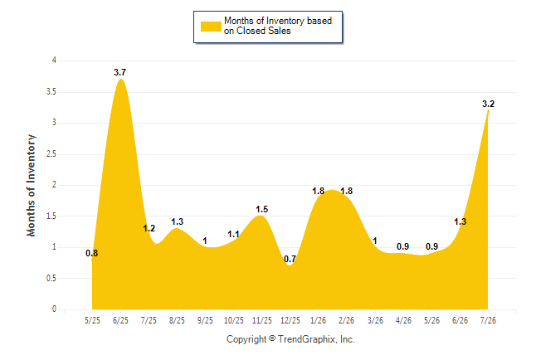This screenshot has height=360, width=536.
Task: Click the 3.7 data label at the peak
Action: click(120, 72)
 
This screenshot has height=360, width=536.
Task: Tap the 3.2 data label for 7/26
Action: click(488, 104)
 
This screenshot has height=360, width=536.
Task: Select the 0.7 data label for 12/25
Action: click(290, 259)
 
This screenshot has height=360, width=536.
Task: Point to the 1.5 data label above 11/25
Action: click(262, 209)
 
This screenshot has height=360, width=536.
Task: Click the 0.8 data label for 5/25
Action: click(91, 253)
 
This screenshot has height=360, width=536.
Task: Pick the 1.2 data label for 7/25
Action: click(149, 228)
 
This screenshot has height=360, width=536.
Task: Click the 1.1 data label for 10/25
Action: click(233, 235)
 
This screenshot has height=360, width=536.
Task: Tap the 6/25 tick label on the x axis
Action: click(120, 320)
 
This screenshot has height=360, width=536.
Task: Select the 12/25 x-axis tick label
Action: click(290, 320)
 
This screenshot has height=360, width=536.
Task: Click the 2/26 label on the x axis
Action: click(347, 320)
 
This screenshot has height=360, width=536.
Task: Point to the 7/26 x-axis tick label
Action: click(488, 320)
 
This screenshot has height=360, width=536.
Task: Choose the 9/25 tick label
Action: click(205, 320)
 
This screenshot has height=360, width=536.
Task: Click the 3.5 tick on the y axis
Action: click(51, 91)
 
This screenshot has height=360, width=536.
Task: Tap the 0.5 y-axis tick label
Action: click(51, 278)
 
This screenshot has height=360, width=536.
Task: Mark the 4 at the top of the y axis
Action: click(54, 61)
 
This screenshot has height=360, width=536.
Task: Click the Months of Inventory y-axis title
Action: click(31, 185)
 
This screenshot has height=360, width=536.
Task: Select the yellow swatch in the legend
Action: click(211, 27)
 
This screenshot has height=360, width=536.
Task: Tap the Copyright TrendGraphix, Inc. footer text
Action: click(290, 339)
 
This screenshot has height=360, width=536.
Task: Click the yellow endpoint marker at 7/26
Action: click(488, 111)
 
